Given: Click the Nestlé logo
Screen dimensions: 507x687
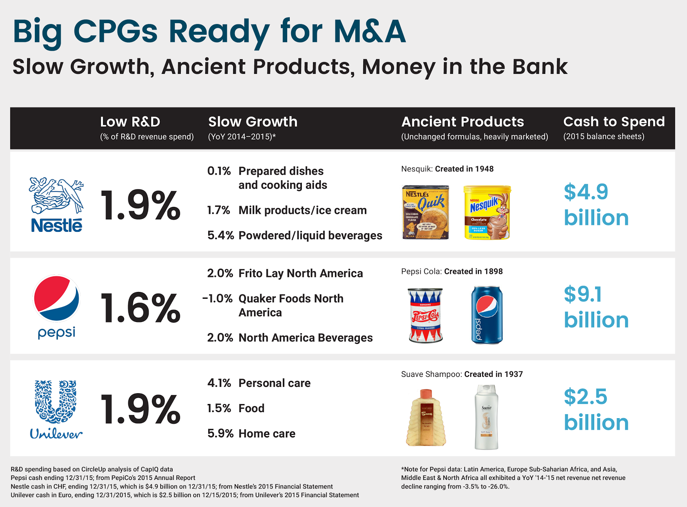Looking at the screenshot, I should click(56, 205).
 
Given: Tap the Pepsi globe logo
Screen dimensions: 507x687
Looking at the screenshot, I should click(56, 299).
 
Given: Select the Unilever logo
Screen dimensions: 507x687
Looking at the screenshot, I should click(56, 410).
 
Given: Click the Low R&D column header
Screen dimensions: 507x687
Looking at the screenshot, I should click(130, 122).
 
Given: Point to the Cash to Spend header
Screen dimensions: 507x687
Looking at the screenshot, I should click(614, 122).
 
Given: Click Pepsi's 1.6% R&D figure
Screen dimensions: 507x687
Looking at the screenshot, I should click(140, 308).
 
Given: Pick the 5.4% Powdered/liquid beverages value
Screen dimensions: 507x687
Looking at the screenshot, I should click(220, 236).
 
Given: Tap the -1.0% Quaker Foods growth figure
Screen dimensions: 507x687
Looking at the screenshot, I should click(218, 299).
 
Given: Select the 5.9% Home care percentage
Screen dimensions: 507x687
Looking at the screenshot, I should click(220, 434).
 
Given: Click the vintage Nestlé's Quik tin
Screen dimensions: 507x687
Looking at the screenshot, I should click(426, 212).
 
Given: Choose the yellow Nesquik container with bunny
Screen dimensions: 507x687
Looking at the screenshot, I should click(487, 212).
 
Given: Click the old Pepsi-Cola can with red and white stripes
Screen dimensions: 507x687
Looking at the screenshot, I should click(426, 316).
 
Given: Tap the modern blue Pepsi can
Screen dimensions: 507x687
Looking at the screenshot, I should click(486, 316).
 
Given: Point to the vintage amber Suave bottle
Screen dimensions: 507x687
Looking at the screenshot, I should click(426, 417).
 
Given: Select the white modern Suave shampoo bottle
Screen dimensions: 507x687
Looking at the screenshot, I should click(486, 417).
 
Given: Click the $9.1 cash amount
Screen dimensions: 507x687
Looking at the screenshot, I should click(583, 294).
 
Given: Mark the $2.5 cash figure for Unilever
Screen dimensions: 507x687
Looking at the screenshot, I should click(585, 397).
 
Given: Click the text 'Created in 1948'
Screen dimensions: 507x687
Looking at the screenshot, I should click(464, 169).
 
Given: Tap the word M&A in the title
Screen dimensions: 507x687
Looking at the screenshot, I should click(370, 31).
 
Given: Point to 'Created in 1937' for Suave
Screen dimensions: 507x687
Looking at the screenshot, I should click(493, 374).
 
